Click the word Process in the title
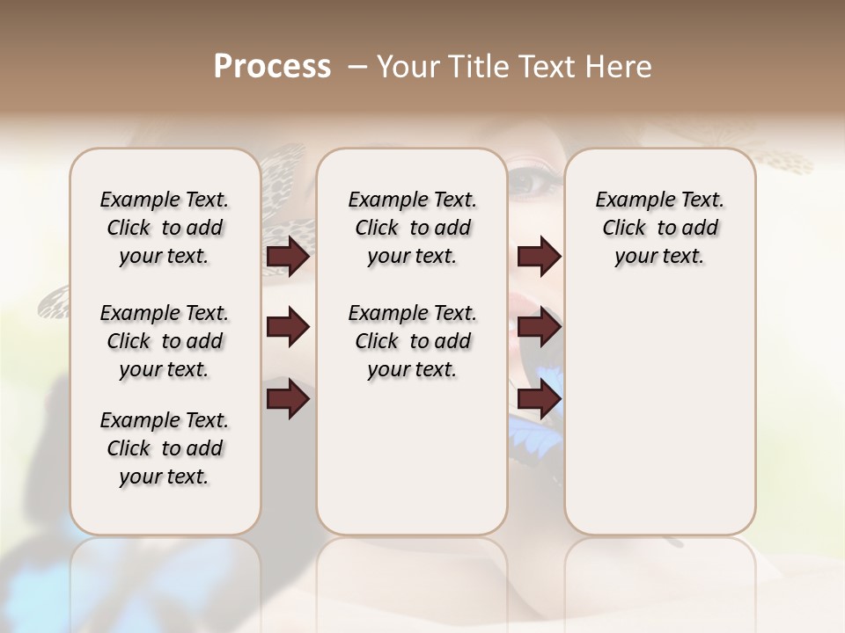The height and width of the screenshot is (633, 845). click(272, 67)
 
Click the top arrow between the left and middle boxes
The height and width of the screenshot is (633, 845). click(288, 257)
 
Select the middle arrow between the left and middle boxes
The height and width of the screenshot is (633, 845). click(288, 328)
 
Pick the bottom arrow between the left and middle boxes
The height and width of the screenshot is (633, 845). click(288, 399)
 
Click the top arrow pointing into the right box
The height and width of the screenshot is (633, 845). click(540, 257)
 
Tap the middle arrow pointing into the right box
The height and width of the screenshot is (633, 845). click(540, 328)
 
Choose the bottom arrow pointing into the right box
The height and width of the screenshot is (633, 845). click(540, 399)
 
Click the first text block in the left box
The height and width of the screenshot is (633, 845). click(165, 228)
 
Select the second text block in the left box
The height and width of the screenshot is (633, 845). click(165, 341)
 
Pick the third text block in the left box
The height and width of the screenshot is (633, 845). click(165, 448)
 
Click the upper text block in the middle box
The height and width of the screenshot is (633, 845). click(412, 228)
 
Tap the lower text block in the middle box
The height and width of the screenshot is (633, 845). click(412, 341)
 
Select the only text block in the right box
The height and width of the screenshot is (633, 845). click(659, 228)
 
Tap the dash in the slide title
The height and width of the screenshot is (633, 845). click(358, 68)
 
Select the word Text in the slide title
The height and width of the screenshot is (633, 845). click(550, 67)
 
